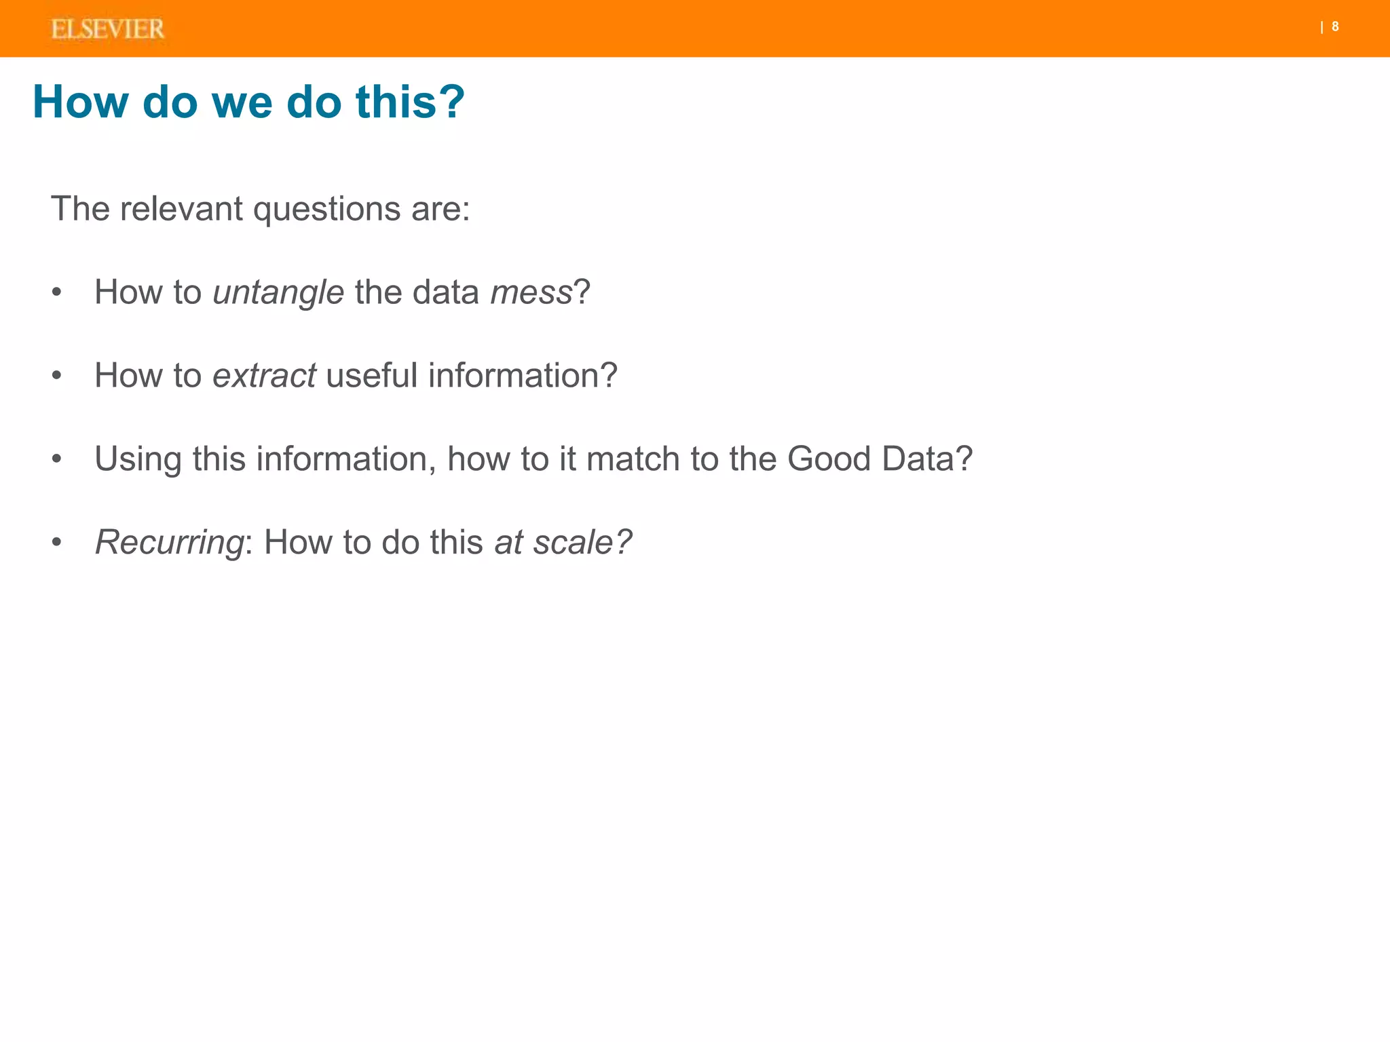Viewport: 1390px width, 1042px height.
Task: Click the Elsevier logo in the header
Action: (x=108, y=29)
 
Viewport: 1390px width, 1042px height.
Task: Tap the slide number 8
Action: (x=1335, y=27)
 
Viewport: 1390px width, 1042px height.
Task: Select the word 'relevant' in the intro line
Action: (x=181, y=208)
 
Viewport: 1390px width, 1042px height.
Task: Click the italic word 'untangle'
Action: (x=278, y=293)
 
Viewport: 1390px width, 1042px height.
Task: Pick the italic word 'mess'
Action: (x=531, y=293)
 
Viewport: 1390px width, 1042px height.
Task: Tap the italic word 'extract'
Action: (x=264, y=376)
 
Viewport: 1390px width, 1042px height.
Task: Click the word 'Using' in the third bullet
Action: (x=138, y=460)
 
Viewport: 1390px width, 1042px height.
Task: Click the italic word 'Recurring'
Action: (x=169, y=543)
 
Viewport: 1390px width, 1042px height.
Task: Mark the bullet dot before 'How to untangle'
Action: (x=57, y=293)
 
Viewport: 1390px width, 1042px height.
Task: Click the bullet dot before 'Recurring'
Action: (x=57, y=543)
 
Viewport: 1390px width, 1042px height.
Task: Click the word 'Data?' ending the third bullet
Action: (x=927, y=459)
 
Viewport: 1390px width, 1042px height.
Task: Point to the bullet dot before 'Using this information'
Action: (x=57, y=459)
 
